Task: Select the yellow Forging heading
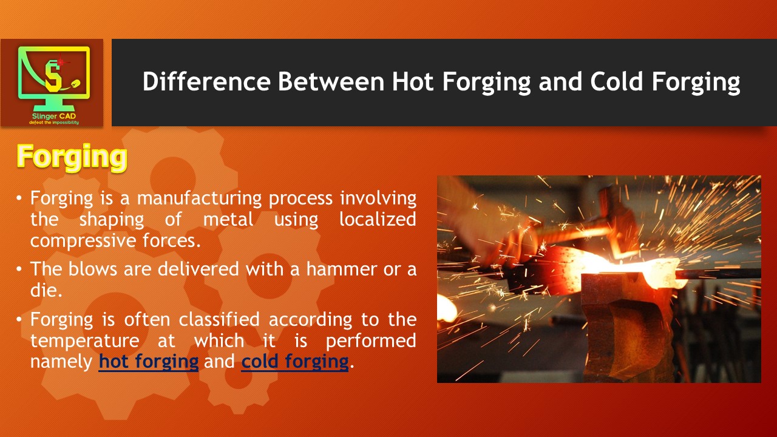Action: tap(72, 157)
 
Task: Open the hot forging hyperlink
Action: tap(149, 362)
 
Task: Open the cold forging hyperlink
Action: tap(295, 362)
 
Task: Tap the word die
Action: tap(45, 290)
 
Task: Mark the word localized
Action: tap(378, 219)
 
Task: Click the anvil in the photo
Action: tap(625, 322)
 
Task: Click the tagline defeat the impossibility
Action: tap(54, 123)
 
